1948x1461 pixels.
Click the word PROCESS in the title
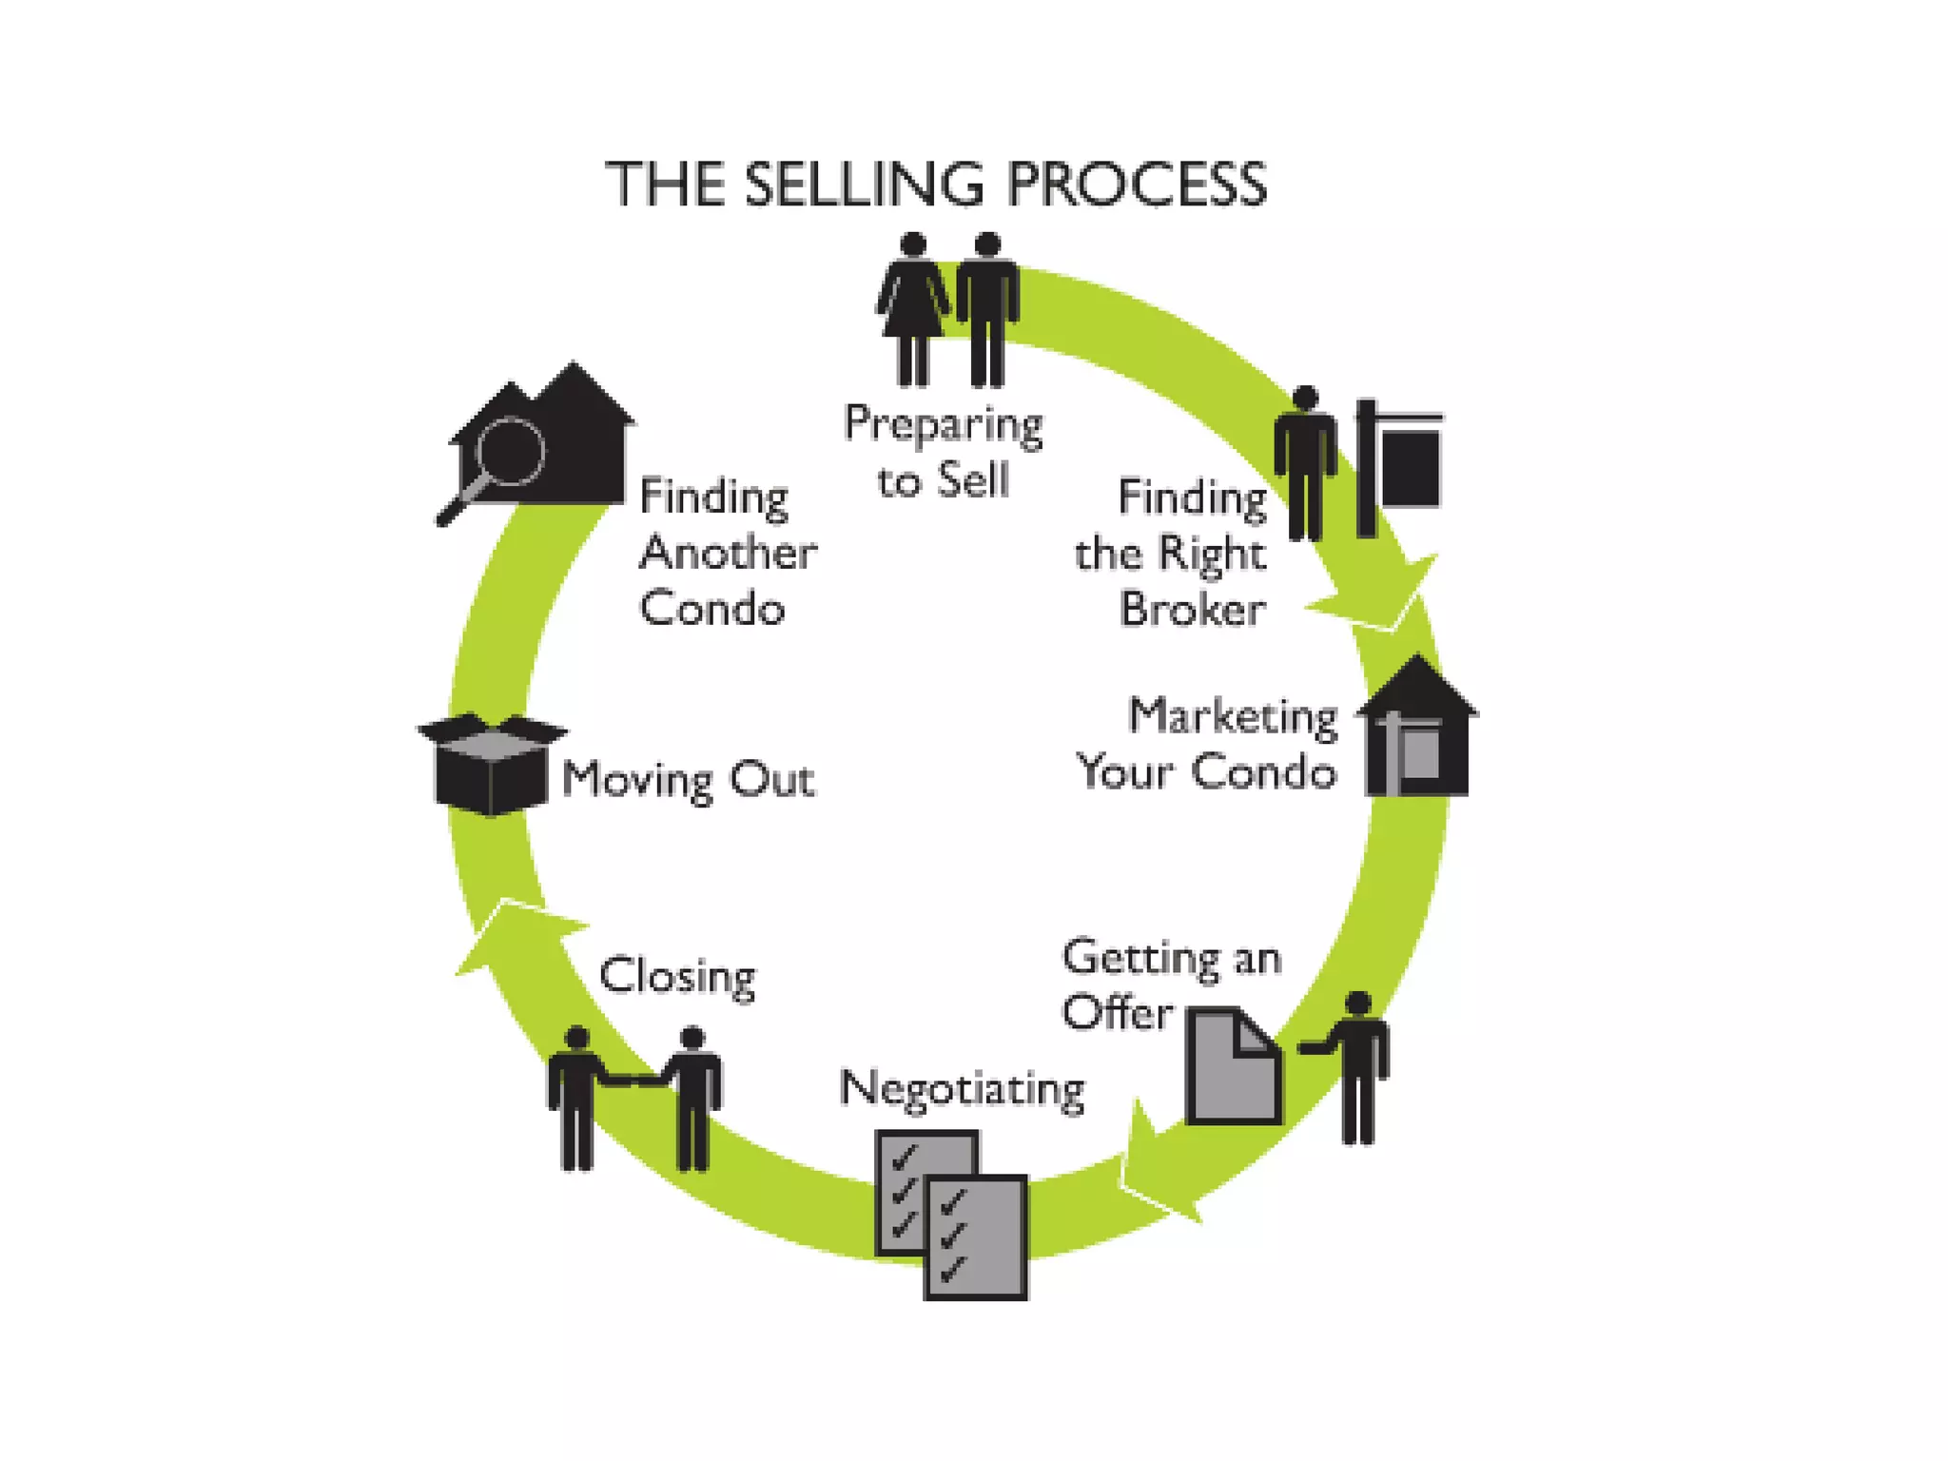pyautogui.click(x=1137, y=184)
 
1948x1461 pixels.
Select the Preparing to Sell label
pyautogui.click(x=943, y=452)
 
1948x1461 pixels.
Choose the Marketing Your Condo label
pyautogui.click(x=1208, y=744)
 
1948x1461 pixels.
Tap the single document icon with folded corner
pyautogui.click(x=1233, y=1066)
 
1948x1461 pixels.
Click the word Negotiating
pyautogui.click(x=962, y=1088)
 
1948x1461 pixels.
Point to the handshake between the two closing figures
pyautogui.click(x=634, y=1081)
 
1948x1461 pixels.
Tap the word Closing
pyautogui.click(x=677, y=977)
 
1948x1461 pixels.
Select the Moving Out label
pyautogui.click(x=688, y=780)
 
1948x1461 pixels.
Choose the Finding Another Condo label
pyautogui.click(x=725, y=553)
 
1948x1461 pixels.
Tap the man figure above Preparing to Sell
pyautogui.click(x=987, y=309)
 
